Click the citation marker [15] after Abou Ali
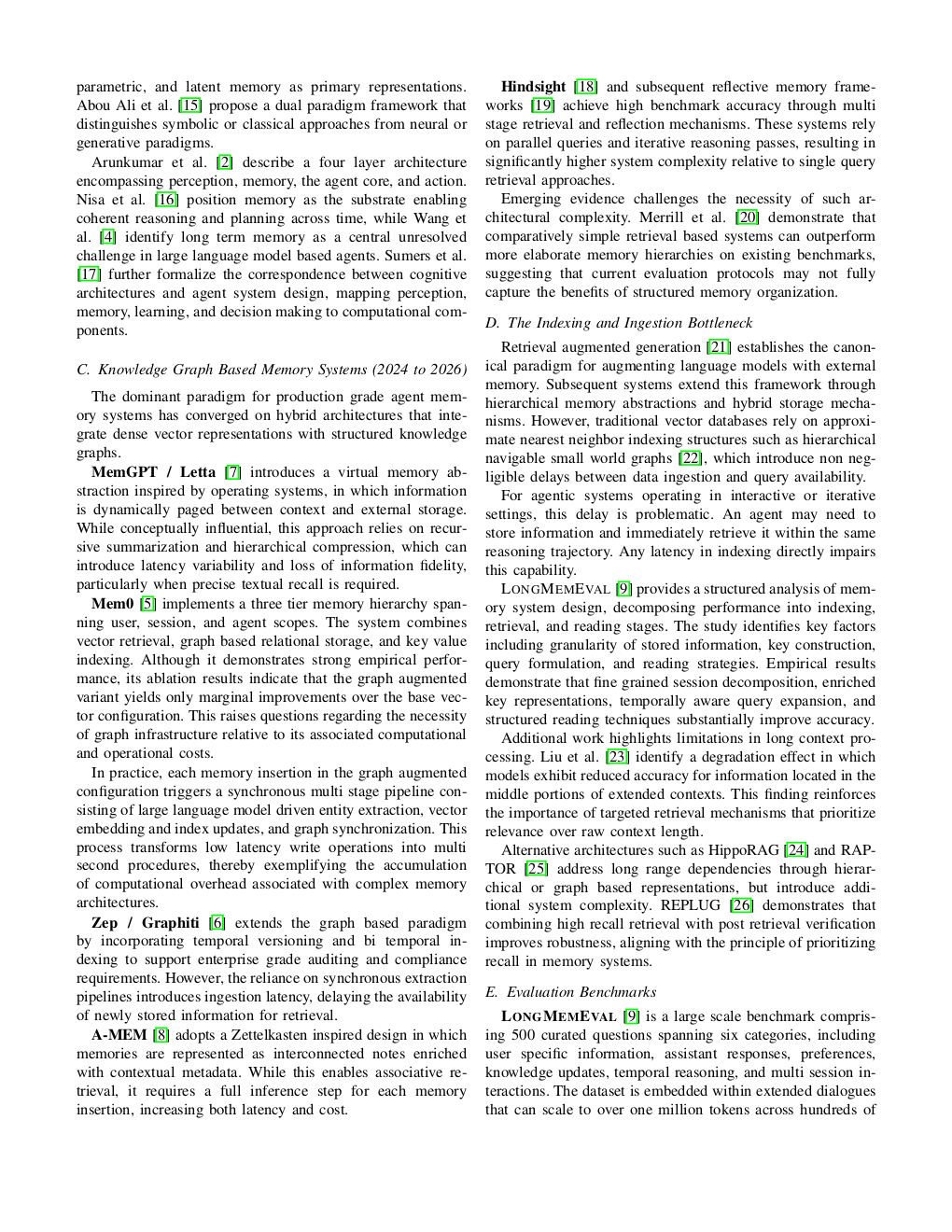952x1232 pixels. (189, 105)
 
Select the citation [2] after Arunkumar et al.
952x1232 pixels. (224, 162)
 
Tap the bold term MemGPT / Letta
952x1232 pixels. (153, 472)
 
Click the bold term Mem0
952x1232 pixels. (112, 604)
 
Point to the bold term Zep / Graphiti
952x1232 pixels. (145, 922)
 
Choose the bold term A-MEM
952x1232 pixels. (119, 1035)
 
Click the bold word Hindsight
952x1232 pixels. (533, 87)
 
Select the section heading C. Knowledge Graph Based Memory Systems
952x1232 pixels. (272, 370)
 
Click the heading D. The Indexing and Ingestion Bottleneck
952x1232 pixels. (619, 323)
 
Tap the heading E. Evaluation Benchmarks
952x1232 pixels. (570, 992)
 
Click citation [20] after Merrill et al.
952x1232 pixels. (747, 217)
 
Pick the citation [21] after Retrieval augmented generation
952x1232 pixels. (719, 347)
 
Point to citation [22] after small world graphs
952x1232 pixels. (690, 458)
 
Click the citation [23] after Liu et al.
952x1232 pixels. (616, 757)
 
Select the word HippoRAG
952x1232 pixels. (745, 850)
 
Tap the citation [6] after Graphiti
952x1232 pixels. (217, 922)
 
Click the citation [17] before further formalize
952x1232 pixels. (89, 274)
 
